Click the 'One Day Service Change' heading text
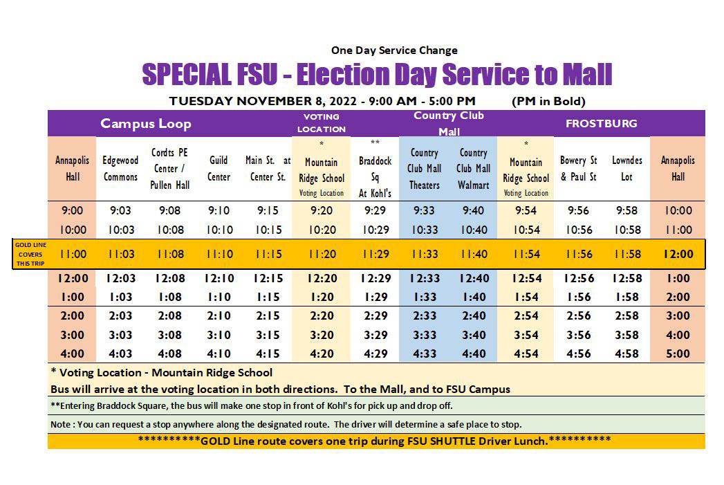pos(394,50)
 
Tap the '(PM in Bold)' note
pos(548,101)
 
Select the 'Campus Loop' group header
pos(145,124)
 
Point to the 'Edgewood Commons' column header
pos(120,168)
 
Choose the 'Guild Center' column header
pos(219,168)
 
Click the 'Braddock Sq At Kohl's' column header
pos(375,168)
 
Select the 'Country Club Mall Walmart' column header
pos(474,168)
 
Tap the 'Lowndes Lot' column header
pos(626,168)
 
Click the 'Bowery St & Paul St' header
pos(578,168)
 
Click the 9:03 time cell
pos(120,211)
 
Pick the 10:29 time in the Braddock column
pos(375,230)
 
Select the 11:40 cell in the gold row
pos(474,254)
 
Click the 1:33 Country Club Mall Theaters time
pos(424,297)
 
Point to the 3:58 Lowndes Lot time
pos(626,335)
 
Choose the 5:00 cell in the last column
pos(678,354)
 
